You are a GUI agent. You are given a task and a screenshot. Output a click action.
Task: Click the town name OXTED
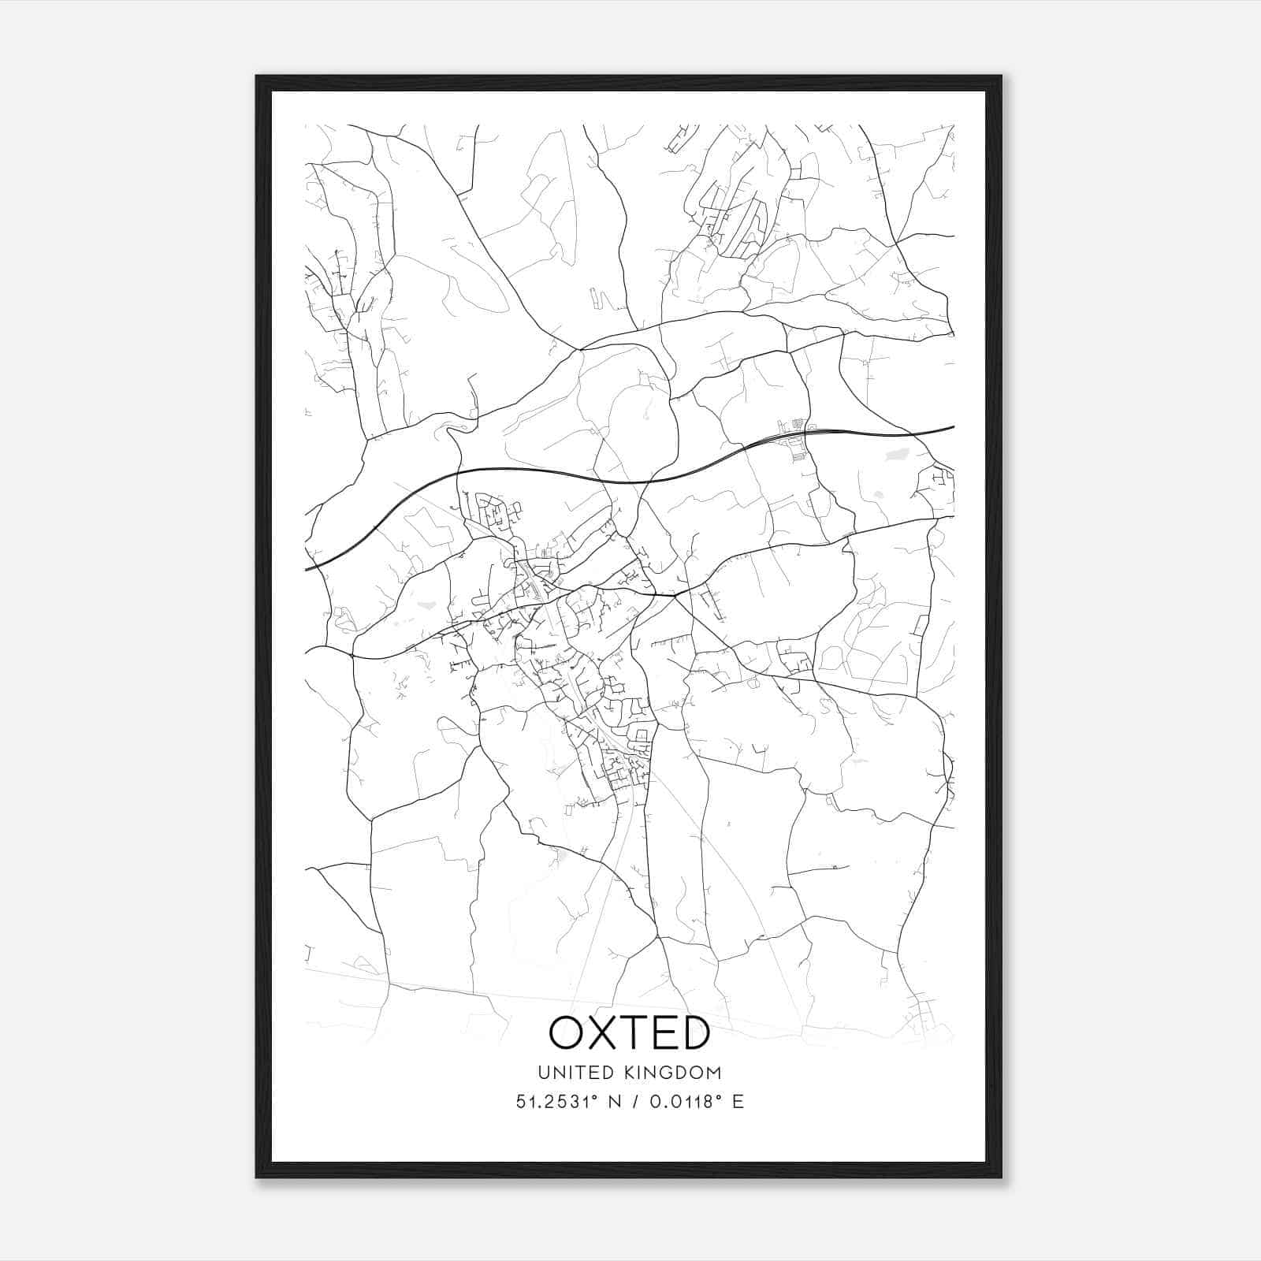pyautogui.click(x=630, y=1032)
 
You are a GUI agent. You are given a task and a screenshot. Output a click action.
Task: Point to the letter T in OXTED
pyautogui.click(x=636, y=1032)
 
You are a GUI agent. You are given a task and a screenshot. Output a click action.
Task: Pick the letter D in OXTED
pyautogui.click(x=694, y=1032)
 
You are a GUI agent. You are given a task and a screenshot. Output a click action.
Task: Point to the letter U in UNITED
pyautogui.click(x=543, y=1073)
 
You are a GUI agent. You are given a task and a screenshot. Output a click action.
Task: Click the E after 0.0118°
pyautogui.click(x=738, y=1102)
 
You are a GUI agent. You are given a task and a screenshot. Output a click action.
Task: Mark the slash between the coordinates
pyautogui.click(x=635, y=1102)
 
